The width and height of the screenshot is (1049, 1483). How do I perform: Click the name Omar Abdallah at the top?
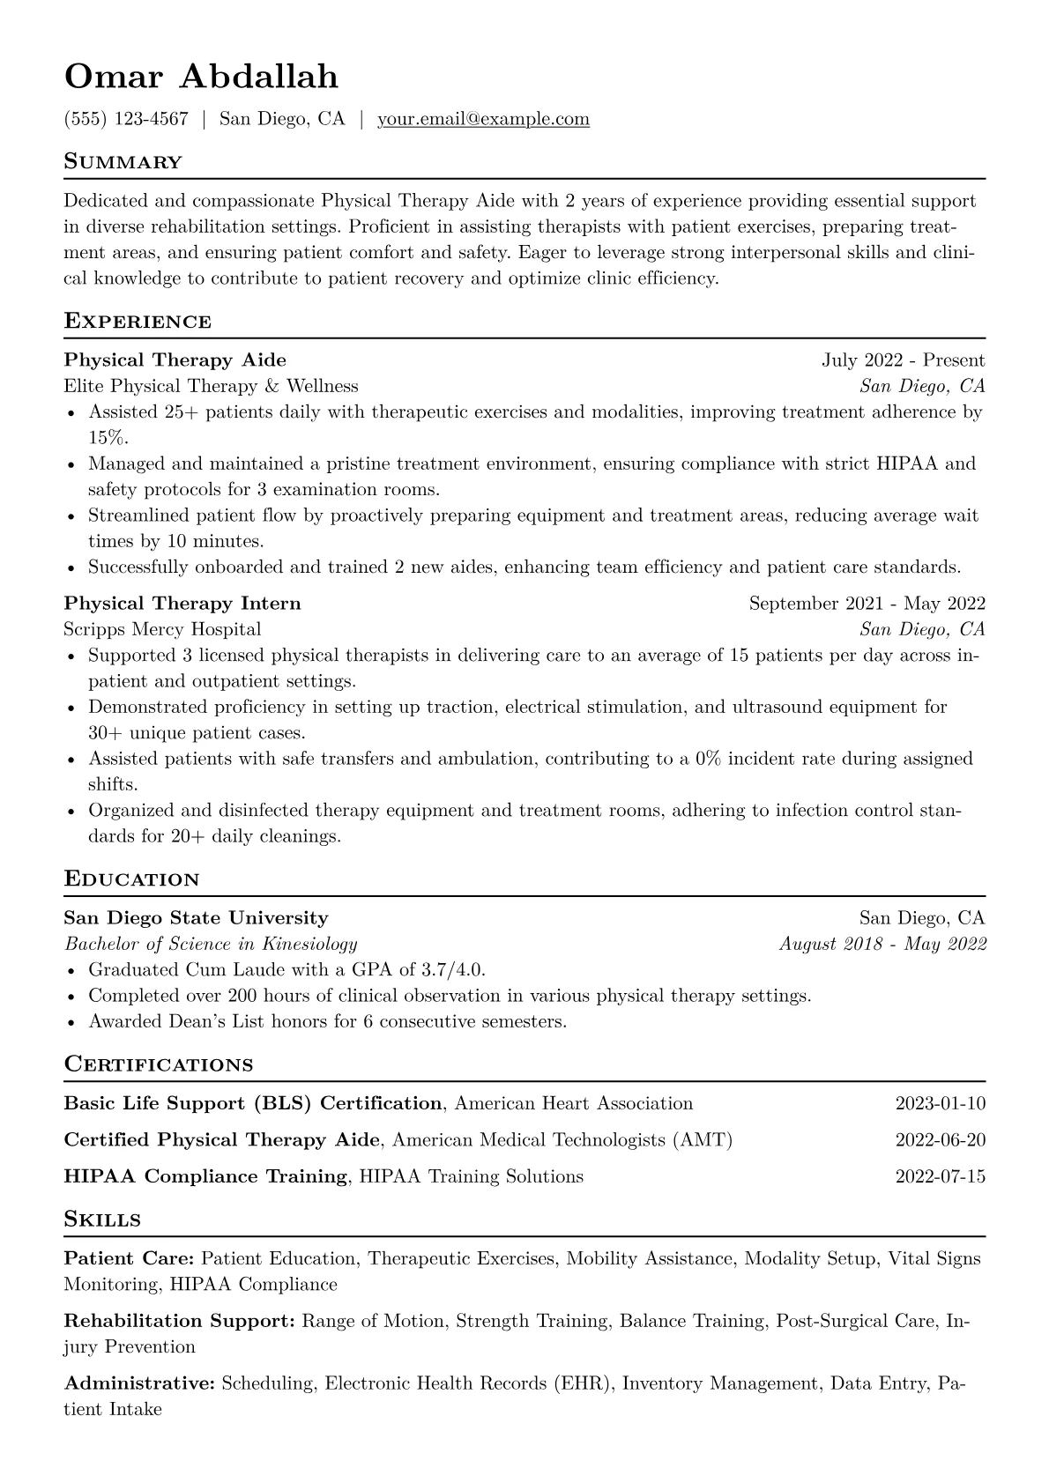click(201, 77)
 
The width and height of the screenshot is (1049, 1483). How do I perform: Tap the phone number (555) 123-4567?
click(126, 119)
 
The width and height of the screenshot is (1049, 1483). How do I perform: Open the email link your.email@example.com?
click(483, 119)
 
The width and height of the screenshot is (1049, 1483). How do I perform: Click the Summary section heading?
click(123, 162)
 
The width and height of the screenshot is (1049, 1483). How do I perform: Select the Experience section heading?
click(138, 321)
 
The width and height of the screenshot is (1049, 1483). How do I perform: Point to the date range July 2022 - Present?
click(904, 360)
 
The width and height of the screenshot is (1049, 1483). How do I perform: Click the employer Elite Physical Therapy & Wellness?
click(212, 386)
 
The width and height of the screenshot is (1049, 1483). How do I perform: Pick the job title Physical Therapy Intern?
click(182, 604)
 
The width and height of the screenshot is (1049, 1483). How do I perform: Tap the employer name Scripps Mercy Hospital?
click(162, 629)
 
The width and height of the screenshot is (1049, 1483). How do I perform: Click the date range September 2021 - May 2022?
click(867, 604)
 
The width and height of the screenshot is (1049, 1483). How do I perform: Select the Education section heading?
click(132, 879)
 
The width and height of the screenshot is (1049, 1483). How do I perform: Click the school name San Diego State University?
click(196, 918)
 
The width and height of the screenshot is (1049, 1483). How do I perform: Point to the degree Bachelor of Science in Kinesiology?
click(211, 944)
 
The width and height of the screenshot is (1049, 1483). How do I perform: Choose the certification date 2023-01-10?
click(940, 1103)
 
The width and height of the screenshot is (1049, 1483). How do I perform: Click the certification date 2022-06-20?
click(940, 1140)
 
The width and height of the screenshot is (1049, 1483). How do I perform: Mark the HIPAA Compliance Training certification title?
click(205, 1176)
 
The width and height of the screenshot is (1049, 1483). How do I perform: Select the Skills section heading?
click(102, 1220)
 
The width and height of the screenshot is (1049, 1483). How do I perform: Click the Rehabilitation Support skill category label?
click(179, 1321)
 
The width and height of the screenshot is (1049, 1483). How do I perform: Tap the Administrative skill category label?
click(139, 1383)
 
